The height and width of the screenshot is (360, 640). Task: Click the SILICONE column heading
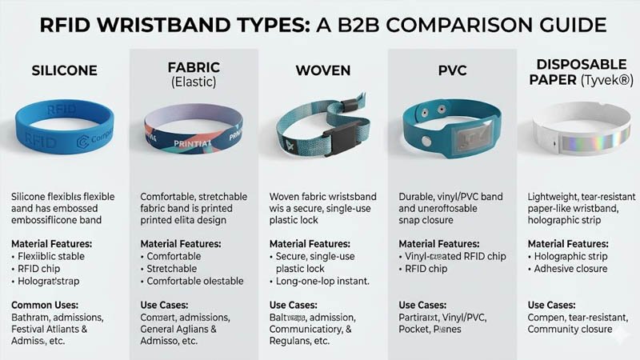coord(63,70)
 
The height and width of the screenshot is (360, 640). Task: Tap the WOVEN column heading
coord(322,70)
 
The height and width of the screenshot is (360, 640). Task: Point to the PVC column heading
coord(451,70)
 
